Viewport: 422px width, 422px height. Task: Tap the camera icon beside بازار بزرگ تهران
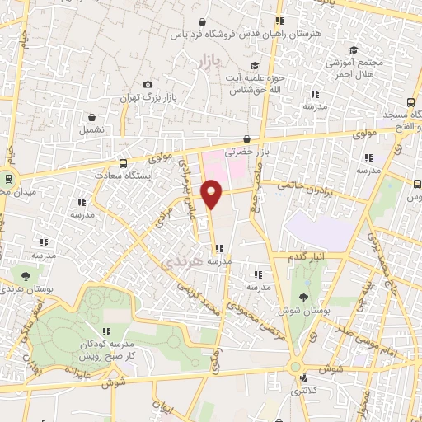tap(148, 84)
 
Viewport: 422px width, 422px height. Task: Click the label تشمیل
tap(92, 129)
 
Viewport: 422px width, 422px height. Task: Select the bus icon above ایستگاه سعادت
tap(124, 162)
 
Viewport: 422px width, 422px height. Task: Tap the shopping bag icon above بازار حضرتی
tap(246, 139)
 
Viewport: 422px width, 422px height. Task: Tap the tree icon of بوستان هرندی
tap(26, 275)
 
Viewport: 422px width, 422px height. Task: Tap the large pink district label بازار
tap(212, 61)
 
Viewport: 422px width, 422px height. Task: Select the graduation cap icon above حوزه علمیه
tap(255, 64)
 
